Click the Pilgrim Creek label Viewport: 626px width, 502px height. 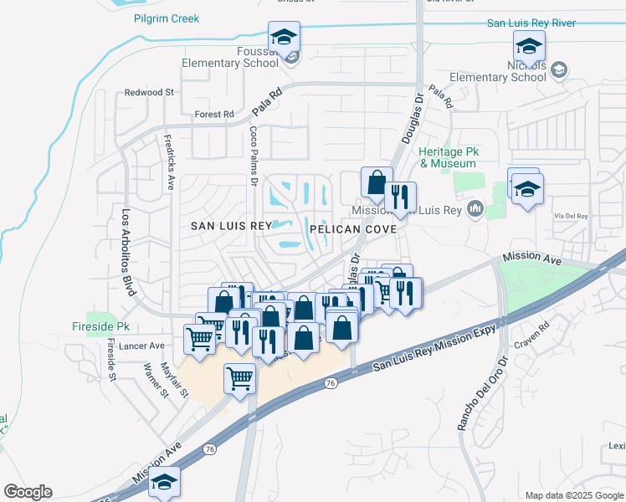point(167,18)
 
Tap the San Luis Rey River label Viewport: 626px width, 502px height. point(531,23)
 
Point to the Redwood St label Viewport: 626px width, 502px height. point(149,92)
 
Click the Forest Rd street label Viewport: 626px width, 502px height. point(213,115)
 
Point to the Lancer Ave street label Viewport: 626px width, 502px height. point(140,346)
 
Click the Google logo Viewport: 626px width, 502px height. point(28,492)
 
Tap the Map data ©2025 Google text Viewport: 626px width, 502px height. point(574,495)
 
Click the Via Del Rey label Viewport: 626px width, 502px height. point(571,215)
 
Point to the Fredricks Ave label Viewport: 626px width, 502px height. point(169,162)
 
